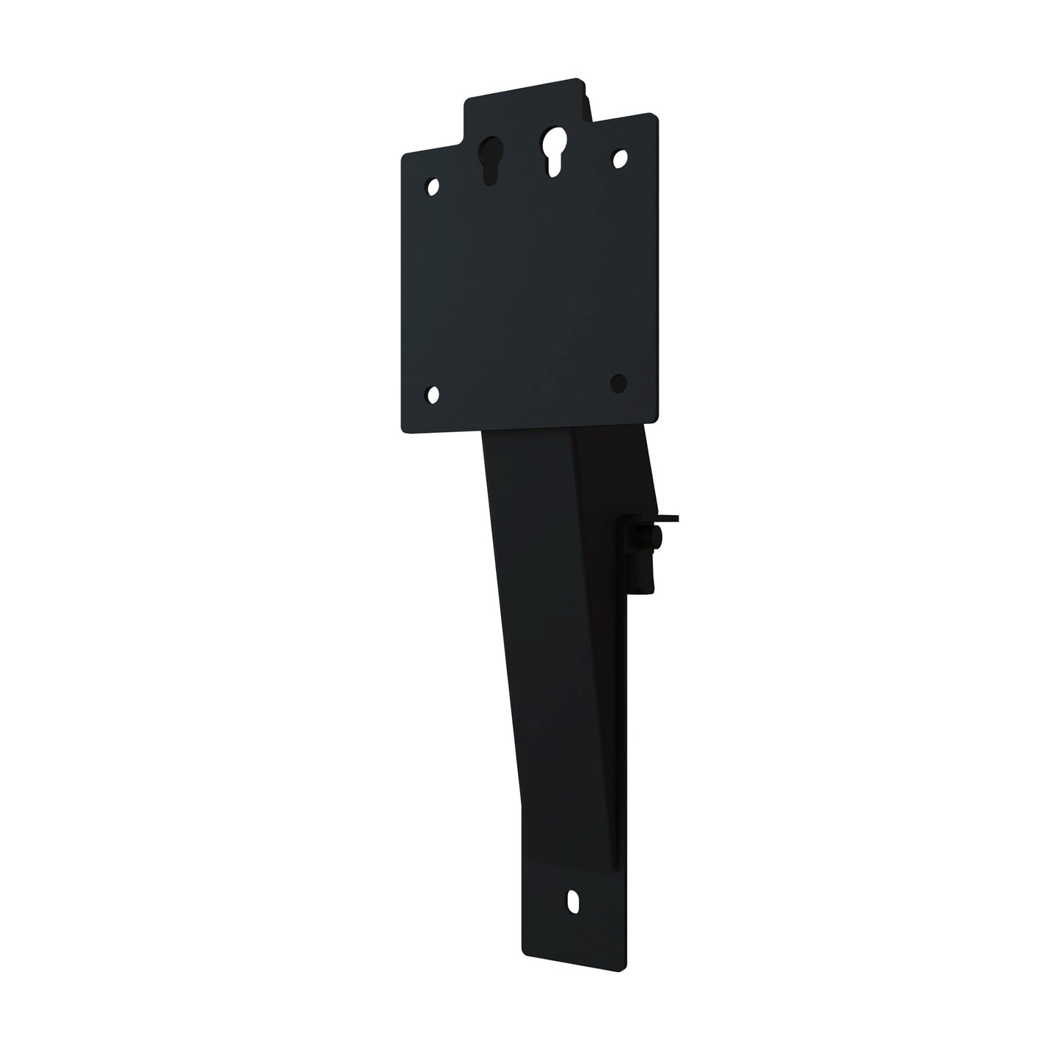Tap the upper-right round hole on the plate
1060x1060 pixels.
[x=620, y=156]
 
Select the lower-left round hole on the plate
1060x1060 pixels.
[x=433, y=395]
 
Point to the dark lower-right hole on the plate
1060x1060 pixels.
[x=618, y=381]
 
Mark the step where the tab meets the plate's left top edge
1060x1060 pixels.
[x=464, y=143]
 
